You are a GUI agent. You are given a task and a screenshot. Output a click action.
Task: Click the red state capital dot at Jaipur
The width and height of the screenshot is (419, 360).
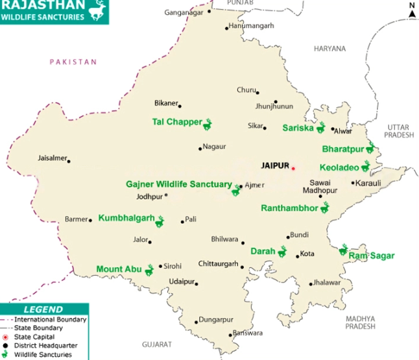[x=293, y=168]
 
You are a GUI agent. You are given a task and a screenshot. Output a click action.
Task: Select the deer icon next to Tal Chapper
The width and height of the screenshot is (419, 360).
[x=209, y=123]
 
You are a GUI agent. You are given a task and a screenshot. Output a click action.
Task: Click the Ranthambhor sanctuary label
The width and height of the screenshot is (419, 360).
[x=289, y=208]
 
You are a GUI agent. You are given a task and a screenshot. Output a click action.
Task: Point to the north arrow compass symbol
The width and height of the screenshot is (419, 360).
[x=411, y=10]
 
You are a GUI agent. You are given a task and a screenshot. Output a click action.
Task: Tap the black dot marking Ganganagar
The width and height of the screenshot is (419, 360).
[x=209, y=12]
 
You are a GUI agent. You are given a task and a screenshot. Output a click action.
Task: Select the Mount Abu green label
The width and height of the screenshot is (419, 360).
[x=119, y=269]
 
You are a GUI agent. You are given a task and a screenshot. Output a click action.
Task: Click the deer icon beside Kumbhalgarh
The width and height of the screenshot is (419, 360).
[x=160, y=222]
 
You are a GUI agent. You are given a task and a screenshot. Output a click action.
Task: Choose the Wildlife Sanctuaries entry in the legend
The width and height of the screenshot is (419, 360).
[x=43, y=355]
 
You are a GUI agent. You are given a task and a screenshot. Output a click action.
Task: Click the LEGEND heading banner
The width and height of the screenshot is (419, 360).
[x=43, y=309]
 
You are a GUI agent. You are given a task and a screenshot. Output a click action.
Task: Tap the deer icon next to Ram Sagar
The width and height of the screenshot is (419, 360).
[x=343, y=250]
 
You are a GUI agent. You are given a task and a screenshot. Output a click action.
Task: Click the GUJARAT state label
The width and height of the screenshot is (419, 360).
[x=157, y=344]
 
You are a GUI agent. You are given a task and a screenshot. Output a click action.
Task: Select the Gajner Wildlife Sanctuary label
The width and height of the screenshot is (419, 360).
[x=178, y=184]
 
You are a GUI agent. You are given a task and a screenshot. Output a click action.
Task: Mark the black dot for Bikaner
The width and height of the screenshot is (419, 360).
[x=180, y=106]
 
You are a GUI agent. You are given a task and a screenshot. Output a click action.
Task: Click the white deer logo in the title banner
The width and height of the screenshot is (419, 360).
[x=97, y=10]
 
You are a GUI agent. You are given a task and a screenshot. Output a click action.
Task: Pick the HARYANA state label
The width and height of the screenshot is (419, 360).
[x=330, y=49]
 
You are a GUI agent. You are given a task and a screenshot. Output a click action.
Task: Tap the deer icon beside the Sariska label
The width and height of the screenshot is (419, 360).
[x=320, y=127]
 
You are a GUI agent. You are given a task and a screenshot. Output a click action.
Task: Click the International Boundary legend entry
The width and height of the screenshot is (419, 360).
[x=49, y=320]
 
